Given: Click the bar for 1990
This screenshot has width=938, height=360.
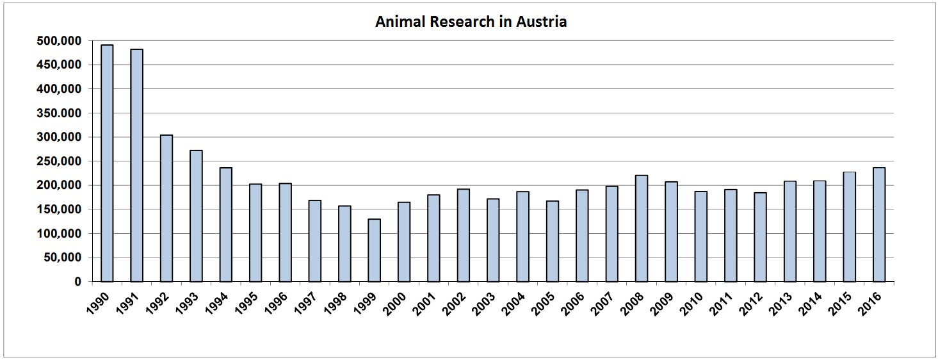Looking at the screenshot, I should click(107, 163).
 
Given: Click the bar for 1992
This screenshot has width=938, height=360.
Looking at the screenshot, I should click(166, 208).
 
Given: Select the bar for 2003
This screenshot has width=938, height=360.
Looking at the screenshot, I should click(493, 240).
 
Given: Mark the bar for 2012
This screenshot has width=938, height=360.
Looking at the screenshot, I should click(760, 237).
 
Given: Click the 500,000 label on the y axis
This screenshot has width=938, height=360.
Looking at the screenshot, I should click(58, 41).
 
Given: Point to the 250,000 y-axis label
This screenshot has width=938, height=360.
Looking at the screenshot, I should click(58, 161).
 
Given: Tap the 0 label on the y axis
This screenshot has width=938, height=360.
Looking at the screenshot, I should click(77, 282).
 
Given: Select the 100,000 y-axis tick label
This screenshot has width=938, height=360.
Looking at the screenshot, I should click(58, 234).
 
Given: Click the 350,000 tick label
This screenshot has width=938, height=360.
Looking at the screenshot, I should click(58, 113).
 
